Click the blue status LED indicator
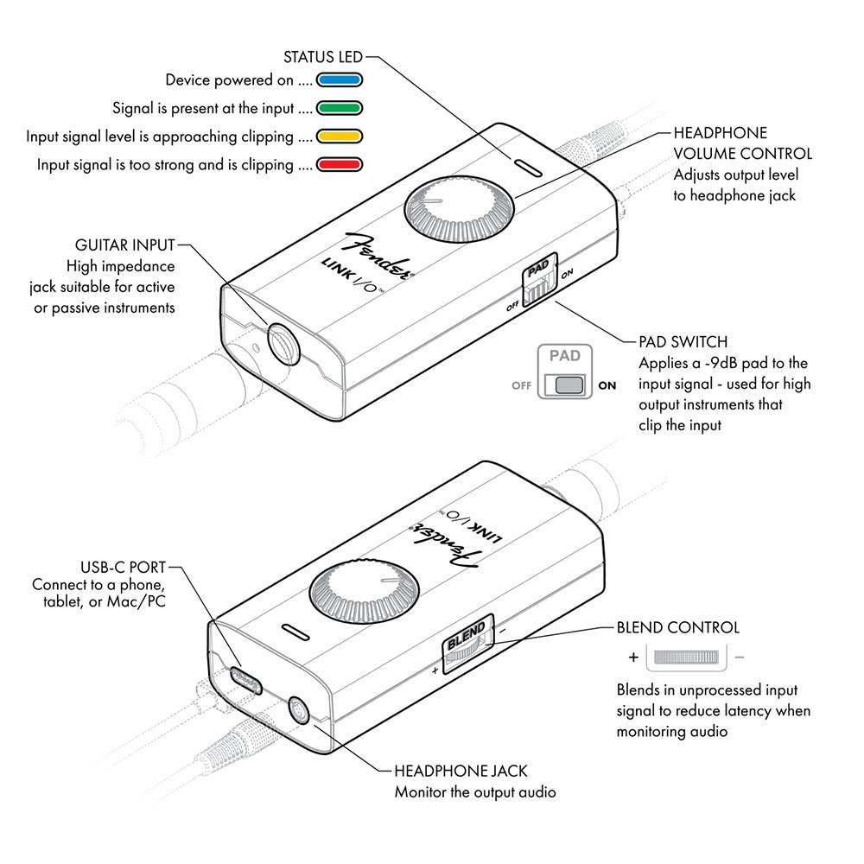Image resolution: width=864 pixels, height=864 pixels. click(x=338, y=81)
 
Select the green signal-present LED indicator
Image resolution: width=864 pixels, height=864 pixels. click(x=338, y=109)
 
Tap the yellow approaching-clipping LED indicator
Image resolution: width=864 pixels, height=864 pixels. click(x=338, y=137)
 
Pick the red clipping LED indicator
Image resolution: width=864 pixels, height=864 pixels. click(x=338, y=164)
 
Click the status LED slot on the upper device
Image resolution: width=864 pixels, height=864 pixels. click(x=527, y=167)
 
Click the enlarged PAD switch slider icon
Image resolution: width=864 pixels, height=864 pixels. click(x=567, y=384)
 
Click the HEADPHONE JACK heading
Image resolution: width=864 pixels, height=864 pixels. click(x=460, y=771)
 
